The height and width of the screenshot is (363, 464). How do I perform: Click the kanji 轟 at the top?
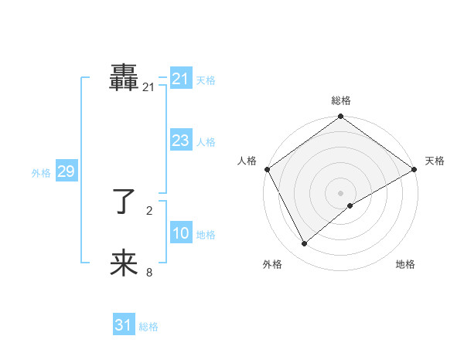click(x=124, y=79)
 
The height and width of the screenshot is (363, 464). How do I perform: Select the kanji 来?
click(x=124, y=263)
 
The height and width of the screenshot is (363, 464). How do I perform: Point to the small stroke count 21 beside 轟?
click(x=148, y=88)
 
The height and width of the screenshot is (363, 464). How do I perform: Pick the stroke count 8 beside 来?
click(x=148, y=272)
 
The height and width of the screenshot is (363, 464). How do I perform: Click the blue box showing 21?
click(x=181, y=79)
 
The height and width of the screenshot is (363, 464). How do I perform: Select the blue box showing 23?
click(x=181, y=141)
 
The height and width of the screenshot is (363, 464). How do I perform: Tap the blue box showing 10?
click(x=181, y=234)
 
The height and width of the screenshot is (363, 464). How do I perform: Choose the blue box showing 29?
click(x=66, y=172)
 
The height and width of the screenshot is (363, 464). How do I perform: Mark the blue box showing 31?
click(x=124, y=325)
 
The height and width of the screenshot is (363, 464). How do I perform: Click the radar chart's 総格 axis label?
click(x=341, y=101)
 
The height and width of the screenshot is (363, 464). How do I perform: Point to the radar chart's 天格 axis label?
click(x=435, y=161)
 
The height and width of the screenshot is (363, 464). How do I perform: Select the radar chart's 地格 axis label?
click(x=405, y=265)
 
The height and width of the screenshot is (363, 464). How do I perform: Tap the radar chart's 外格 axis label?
click(x=272, y=265)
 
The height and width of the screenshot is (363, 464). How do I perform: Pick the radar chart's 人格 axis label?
click(x=247, y=161)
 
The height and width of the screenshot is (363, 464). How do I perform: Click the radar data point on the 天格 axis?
click(x=415, y=169)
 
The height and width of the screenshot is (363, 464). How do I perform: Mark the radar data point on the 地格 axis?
click(x=350, y=205)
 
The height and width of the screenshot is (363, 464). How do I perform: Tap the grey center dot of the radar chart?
click(x=341, y=192)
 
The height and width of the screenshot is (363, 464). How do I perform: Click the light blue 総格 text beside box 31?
click(x=148, y=327)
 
